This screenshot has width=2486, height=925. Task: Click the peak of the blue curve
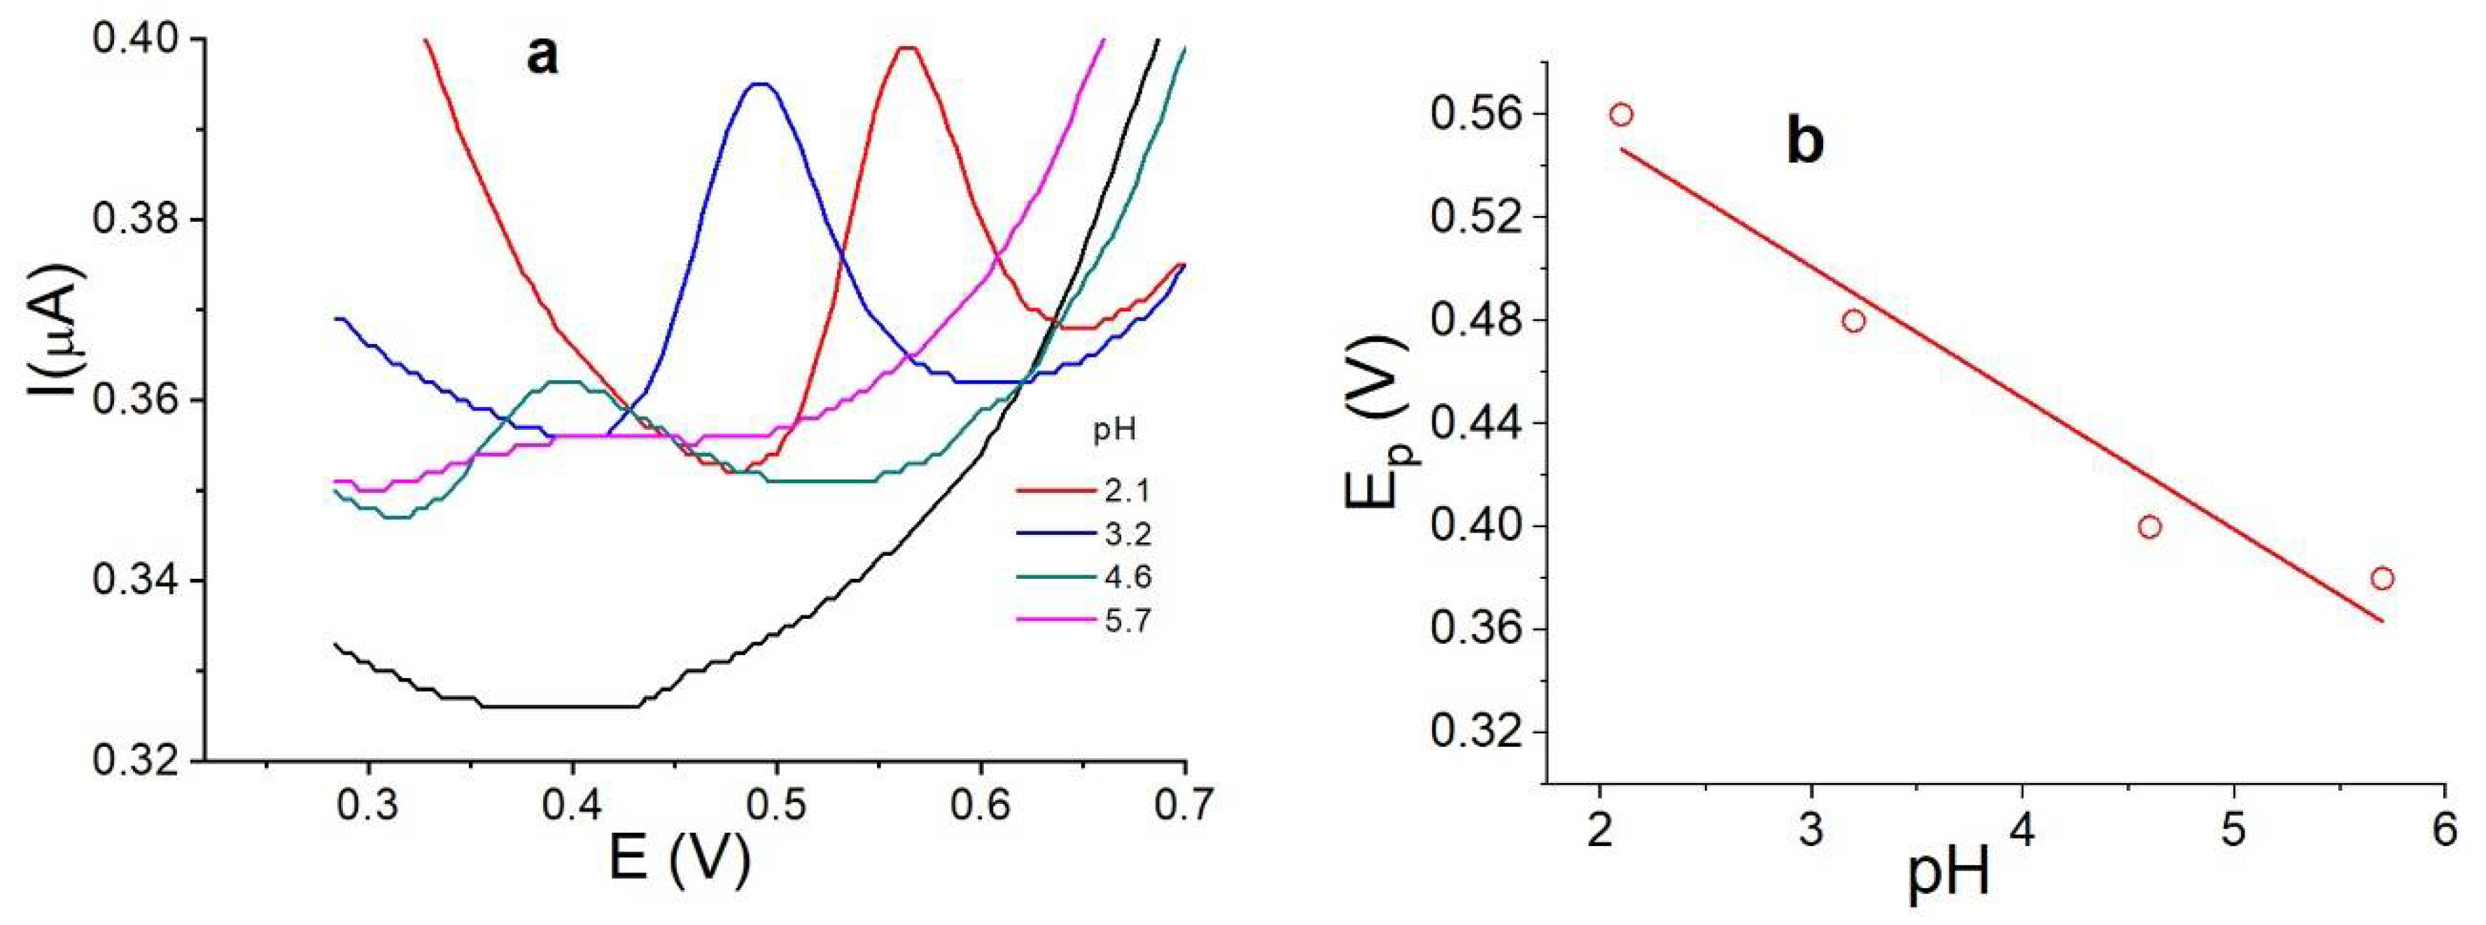pyautogui.click(x=762, y=85)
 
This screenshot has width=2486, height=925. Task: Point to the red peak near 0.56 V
pyautogui.click(x=907, y=48)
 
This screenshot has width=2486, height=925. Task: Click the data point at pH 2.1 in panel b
pyautogui.click(x=1622, y=115)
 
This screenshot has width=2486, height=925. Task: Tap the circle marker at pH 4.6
pyautogui.click(x=2149, y=526)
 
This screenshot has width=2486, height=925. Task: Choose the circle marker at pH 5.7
pyautogui.click(x=2382, y=579)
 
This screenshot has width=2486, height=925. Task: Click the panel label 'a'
pyautogui.click(x=542, y=57)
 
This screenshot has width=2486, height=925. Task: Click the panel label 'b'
pyautogui.click(x=1806, y=143)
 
